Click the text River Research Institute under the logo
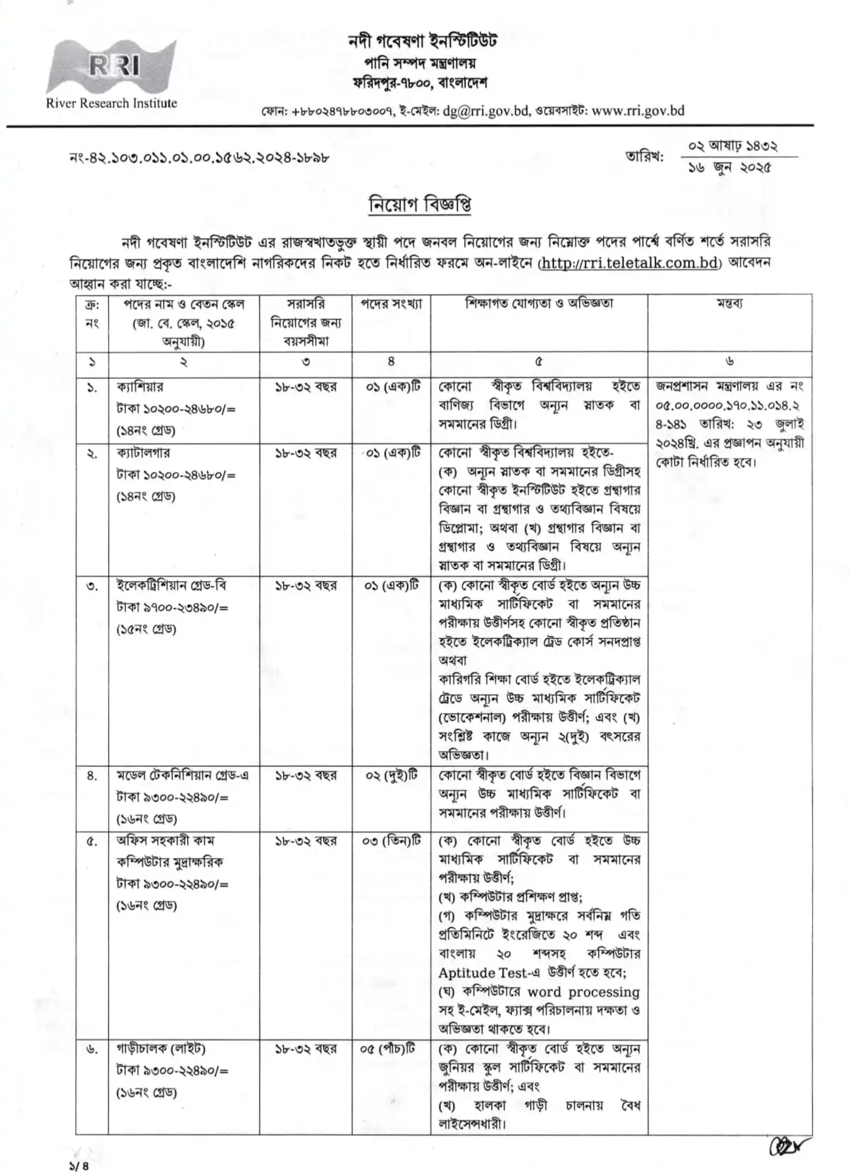point(111,103)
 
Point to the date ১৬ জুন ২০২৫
point(729,167)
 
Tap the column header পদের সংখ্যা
point(391,304)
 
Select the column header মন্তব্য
point(729,304)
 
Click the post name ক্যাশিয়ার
point(140,386)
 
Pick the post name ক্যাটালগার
point(143,453)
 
